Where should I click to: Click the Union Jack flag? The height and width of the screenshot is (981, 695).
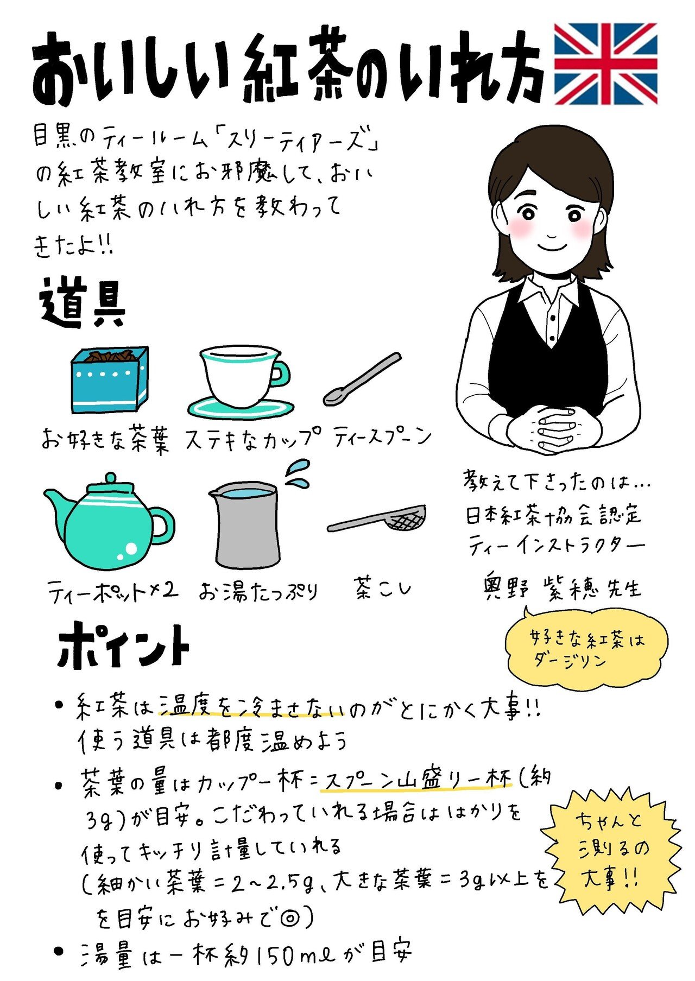coord(605,64)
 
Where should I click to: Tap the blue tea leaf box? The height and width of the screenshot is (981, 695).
coord(110,379)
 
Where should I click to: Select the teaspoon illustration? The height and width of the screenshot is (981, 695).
coord(362,379)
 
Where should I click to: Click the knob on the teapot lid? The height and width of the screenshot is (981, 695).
coord(110,479)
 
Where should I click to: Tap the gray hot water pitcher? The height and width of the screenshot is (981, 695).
coord(245,524)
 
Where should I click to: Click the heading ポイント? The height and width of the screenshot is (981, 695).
coord(124,645)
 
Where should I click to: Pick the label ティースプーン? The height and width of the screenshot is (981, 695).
coord(383,437)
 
